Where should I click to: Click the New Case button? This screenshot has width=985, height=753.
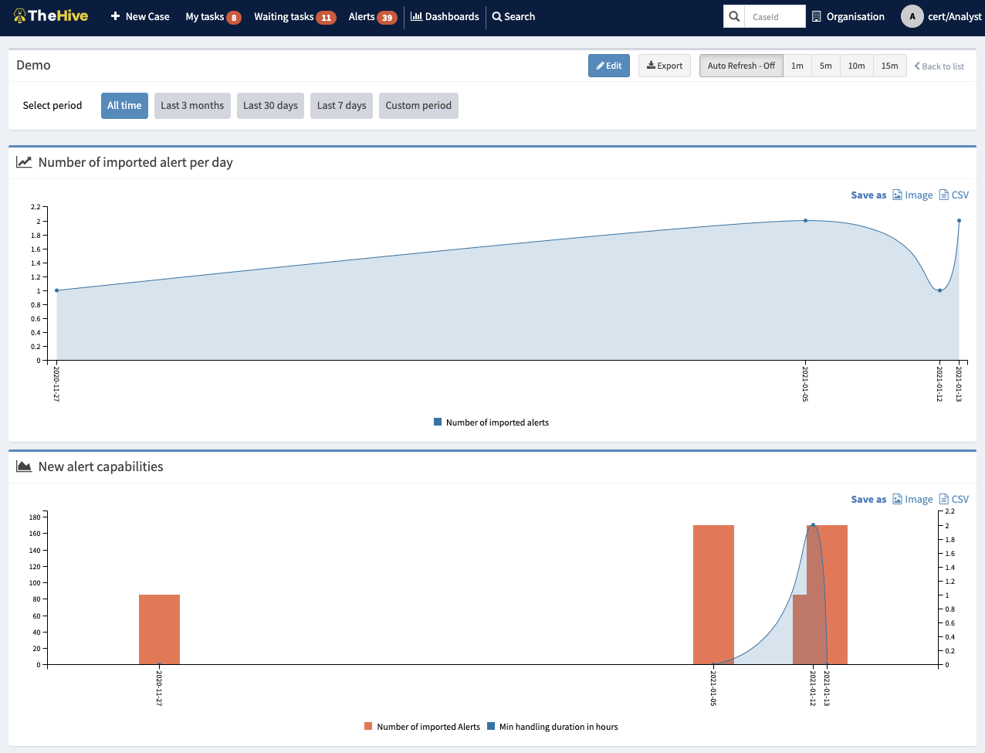(x=140, y=16)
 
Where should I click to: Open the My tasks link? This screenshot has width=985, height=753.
(x=205, y=16)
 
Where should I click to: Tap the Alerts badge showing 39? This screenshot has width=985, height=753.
(x=387, y=17)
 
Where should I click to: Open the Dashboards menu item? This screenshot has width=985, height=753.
(x=445, y=16)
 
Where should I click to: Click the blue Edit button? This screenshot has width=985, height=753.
(x=608, y=66)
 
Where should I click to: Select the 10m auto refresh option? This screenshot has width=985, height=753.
(x=856, y=66)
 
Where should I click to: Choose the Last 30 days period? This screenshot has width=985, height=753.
(x=270, y=106)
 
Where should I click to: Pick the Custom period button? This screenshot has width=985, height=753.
(x=418, y=106)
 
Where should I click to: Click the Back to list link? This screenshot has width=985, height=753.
(x=939, y=66)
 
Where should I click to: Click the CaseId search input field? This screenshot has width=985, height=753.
(x=773, y=16)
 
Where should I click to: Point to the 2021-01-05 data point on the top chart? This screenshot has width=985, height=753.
(x=805, y=221)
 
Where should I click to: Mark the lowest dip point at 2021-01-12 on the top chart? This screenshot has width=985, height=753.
(x=939, y=290)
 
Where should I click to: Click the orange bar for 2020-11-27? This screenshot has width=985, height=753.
(x=159, y=629)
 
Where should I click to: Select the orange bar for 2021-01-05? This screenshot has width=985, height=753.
(x=713, y=595)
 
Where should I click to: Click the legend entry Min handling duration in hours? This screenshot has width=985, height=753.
(x=558, y=727)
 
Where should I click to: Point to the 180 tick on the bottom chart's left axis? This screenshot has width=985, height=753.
(x=36, y=517)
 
